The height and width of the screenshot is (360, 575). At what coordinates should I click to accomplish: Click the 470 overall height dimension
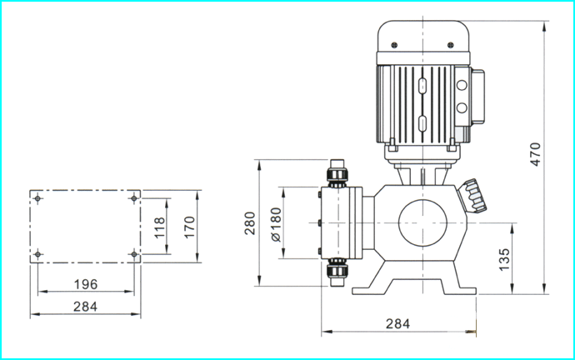pyautogui.click(x=536, y=154)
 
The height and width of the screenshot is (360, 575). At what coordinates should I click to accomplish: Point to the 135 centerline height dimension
pyautogui.click(x=505, y=259)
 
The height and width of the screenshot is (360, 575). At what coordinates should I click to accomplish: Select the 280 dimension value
pyautogui.click(x=250, y=223)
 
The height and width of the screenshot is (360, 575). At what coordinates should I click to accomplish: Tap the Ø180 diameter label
pyautogui.click(x=276, y=225)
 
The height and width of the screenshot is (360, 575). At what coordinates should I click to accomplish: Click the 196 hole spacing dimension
pyautogui.click(x=86, y=284)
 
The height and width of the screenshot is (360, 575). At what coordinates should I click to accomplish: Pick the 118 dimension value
pyautogui.click(x=159, y=227)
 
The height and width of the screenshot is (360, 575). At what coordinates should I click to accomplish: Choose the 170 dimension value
pyautogui.click(x=189, y=227)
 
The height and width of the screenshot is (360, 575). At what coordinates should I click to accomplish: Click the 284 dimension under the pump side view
pyautogui.click(x=397, y=323)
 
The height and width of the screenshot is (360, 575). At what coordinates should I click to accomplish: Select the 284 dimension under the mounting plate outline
pyautogui.click(x=86, y=307)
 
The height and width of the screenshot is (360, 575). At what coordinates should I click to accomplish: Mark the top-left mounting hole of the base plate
pyautogui.click(x=37, y=198)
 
